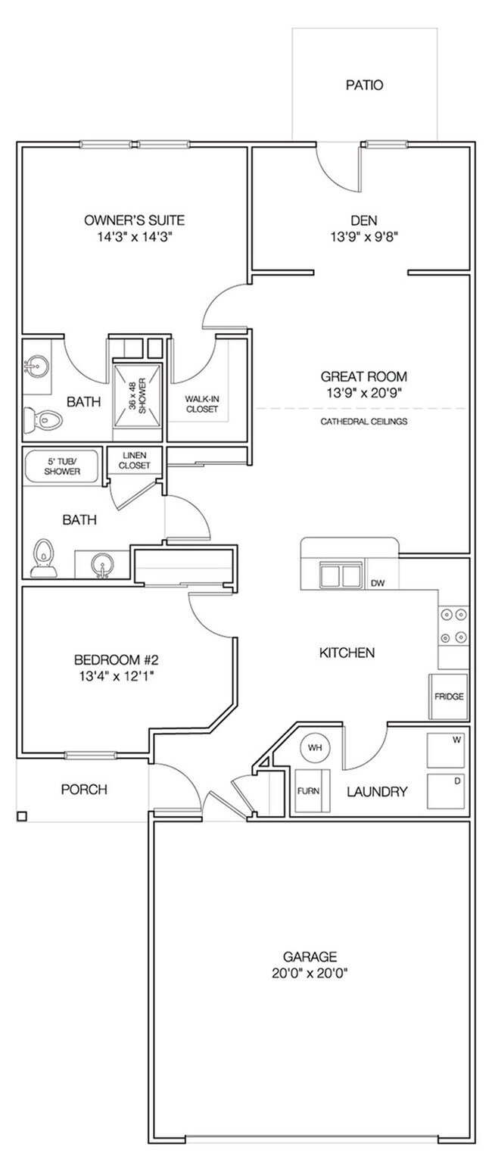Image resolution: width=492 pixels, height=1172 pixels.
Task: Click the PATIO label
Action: (x=364, y=86)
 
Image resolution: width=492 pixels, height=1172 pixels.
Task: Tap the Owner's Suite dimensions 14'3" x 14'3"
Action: (x=134, y=236)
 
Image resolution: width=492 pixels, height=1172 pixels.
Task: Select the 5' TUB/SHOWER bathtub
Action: (x=61, y=466)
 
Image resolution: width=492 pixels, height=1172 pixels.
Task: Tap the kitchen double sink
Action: (x=340, y=575)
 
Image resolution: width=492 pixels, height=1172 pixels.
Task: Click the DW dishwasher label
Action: (x=378, y=583)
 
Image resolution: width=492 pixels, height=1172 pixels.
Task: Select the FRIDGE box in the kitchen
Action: (x=449, y=697)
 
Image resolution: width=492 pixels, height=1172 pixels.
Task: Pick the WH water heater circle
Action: (x=313, y=748)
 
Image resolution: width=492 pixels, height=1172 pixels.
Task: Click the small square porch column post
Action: (x=21, y=815)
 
